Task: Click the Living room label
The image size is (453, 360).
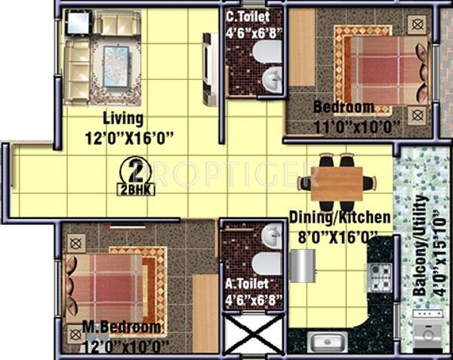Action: (x=124, y=118)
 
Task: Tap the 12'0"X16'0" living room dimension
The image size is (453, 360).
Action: (x=130, y=137)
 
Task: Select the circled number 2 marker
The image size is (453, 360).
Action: (x=135, y=170)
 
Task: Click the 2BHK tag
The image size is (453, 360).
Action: (x=137, y=189)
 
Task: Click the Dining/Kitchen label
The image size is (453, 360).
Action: (x=341, y=217)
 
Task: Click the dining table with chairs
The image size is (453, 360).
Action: (x=335, y=183)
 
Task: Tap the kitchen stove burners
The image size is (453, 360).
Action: (x=380, y=276)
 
